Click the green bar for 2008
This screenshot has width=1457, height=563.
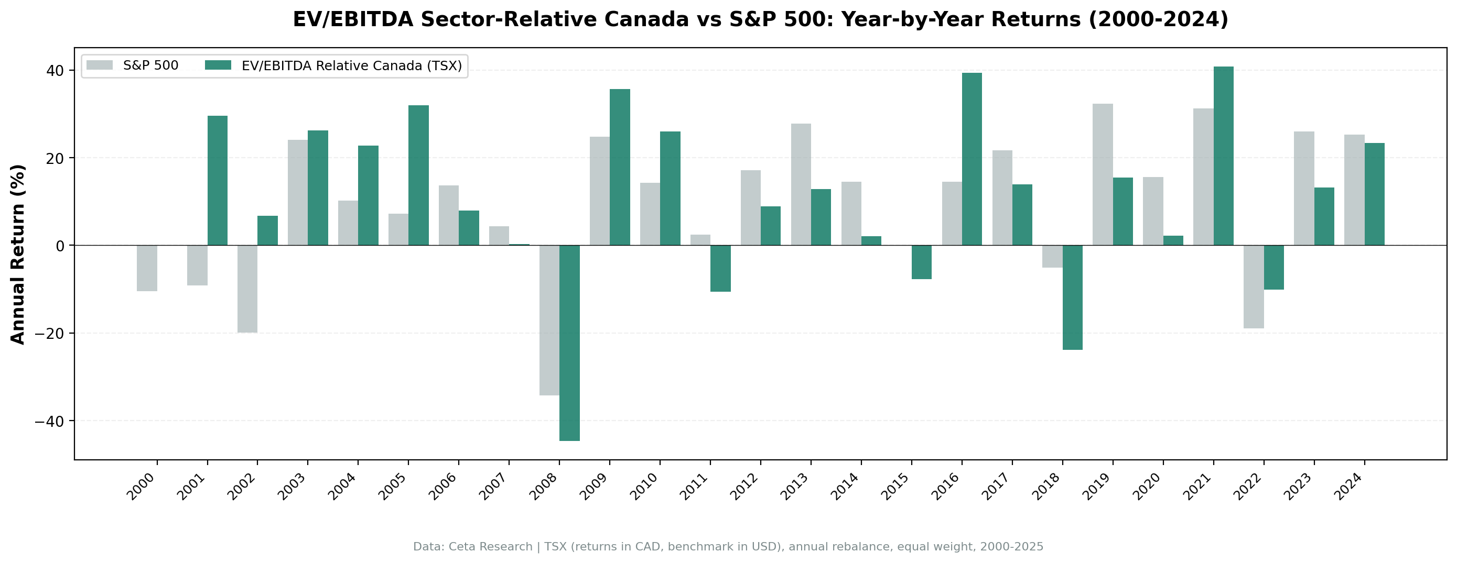(x=569, y=343)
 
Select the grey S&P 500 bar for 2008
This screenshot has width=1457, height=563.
(x=549, y=320)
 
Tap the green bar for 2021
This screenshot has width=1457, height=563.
(x=1223, y=156)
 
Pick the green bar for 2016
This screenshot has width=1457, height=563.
(x=972, y=159)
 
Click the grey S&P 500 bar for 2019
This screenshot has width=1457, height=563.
(x=1103, y=174)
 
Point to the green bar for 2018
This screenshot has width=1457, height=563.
(x=1072, y=297)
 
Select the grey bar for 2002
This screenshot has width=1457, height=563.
(x=247, y=289)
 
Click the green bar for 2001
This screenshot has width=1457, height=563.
(x=217, y=180)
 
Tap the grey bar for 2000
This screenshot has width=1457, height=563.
(x=146, y=268)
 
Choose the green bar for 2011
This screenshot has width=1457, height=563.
(x=720, y=269)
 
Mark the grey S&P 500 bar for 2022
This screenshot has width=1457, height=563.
(x=1254, y=286)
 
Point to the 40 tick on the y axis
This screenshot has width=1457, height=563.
(x=55, y=71)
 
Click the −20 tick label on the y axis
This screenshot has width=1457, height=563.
(x=49, y=334)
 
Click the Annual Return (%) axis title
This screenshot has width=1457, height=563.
(x=18, y=254)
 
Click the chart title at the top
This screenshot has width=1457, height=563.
(x=760, y=19)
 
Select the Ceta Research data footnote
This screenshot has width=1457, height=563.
(x=728, y=547)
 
